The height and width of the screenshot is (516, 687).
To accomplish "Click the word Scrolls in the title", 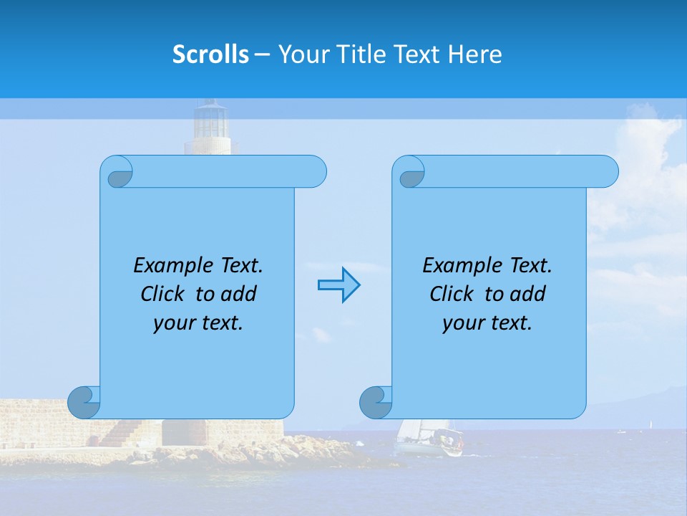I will (210, 54).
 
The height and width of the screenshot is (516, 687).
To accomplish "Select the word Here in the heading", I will (475, 54).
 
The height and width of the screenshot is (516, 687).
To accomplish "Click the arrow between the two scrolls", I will (338, 285).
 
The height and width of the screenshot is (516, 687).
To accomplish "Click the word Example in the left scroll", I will (170, 266).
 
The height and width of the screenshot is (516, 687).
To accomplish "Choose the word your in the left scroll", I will (172, 323).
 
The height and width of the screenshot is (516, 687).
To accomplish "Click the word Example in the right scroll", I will (459, 266).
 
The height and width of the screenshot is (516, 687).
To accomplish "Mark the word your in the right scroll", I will (462, 323).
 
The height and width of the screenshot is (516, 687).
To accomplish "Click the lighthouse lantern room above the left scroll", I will (211, 120).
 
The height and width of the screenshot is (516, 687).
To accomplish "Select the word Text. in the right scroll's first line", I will (531, 266).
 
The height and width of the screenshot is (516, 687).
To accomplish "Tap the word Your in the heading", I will (301, 54).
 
